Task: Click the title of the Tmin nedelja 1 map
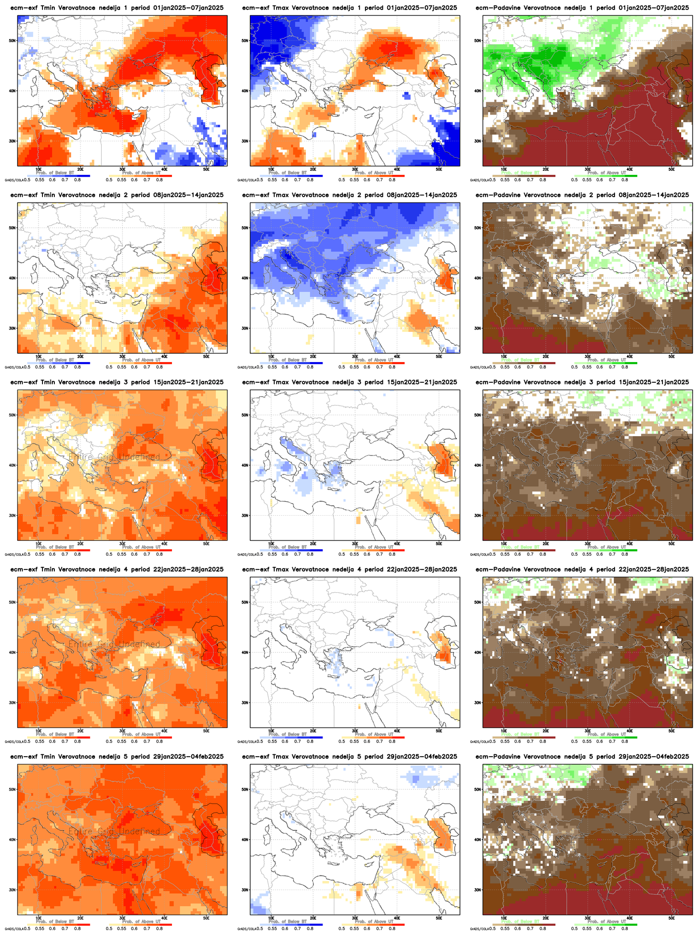pos(117,8)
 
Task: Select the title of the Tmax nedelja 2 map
pos(349,195)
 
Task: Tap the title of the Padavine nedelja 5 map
pos(582,756)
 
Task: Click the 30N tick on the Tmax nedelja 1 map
pos(245,141)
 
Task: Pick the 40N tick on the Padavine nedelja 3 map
pos(477,465)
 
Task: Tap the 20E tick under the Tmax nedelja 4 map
pos(313,730)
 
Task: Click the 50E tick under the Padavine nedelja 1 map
pos(671,169)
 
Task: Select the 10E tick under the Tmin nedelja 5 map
pos(38,917)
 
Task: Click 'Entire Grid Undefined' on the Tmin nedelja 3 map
pos(114,457)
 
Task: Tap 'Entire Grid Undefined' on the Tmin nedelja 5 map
pos(114,832)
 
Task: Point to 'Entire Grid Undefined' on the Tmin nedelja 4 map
pos(114,645)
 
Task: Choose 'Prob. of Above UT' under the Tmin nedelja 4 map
pos(141,734)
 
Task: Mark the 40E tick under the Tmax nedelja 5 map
pos(397,917)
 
